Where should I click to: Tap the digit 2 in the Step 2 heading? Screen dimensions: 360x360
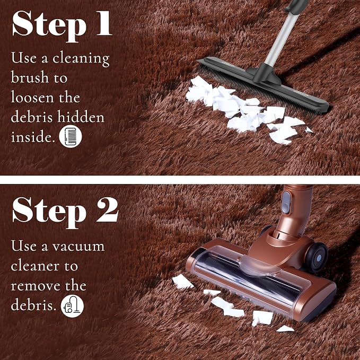pyautogui.click(x=108, y=209)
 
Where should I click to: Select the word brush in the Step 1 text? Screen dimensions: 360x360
pyautogui.click(x=30, y=77)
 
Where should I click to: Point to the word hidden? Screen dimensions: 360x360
pyautogui.click(x=81, y=117)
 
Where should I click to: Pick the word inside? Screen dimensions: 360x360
pyautogui.click(x=33, y=137)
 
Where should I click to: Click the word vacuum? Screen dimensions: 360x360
pyautogui.click(x=78, y=247)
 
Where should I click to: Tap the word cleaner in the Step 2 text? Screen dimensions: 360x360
pyautogui.click(x=35, y=266)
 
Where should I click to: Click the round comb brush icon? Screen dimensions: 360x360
pyautogui.click(x=71, y=136)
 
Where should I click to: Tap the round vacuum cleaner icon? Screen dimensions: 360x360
pyautogui.click(x=72, y=306)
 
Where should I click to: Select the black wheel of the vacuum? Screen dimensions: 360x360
pyautogui.click(x=317, y=257)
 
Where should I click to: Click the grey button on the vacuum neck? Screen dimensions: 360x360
pyautogui.click(x=286, y=203)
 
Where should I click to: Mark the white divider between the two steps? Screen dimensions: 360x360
pyautogui.click(x=180, y=180)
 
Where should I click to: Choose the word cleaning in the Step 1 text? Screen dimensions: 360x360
pyautogui.click(x=81, y=58)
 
